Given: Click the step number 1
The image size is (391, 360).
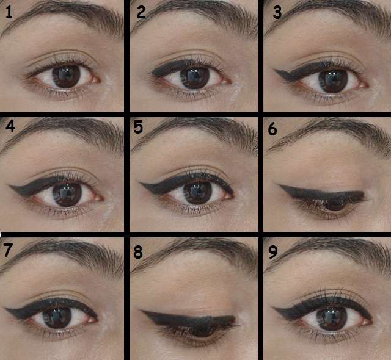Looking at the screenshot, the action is pyautogui.click(x=9, y=12).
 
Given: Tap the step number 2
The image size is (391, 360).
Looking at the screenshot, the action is pyautogui.click(x=141, y=12).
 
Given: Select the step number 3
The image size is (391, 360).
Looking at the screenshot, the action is pyautogui.click(x=277, y=12).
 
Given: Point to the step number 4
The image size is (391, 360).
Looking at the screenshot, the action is pyautogui.click(x=10, y=126).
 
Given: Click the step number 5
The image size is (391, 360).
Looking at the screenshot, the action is pyautogui.click(x=138, y=127).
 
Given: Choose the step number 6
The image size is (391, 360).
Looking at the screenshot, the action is pyautogui.click(x=272, y=129).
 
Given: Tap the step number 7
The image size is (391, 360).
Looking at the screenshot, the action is pyautogui.click(x=8, y=250).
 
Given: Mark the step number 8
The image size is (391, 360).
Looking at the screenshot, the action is pyautogui.click(x=138, y=252).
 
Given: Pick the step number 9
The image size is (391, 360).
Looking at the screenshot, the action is pyautogui.click(x=273, y=252).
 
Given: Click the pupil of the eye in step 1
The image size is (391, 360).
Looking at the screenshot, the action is pyautogui.click(x=66, y=76).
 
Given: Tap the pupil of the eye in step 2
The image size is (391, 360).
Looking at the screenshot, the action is pyautogui.click(x=194, y=77).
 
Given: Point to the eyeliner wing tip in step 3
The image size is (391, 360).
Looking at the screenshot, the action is pyautogui.click(x=274, y=70).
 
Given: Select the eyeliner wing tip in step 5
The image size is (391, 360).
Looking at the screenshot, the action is pyautogui.click(x=140, y=184).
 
